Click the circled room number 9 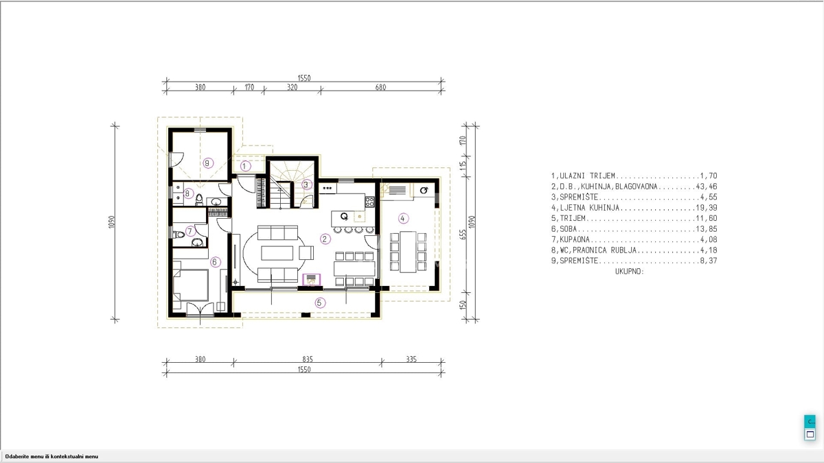coord(208,163)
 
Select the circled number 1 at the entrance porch coord(245,167)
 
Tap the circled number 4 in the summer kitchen coord(403,219)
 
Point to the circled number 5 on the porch coord(320,302)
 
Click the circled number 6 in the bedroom coord(215,262)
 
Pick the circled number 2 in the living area coord(325,239)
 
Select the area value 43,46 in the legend coord(707,187)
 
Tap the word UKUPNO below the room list coord(630,272)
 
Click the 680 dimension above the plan coord(380,88)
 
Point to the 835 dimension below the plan coord(308,359)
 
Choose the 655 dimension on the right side coord(463,235)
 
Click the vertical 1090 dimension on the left coord(112,222)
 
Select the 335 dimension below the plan coord(411,359)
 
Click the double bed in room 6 coord(191,285)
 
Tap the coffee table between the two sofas coord(277,253)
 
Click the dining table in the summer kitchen coord(408,252)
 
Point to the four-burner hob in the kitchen coord(369,202)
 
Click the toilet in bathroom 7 coord(179,235)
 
